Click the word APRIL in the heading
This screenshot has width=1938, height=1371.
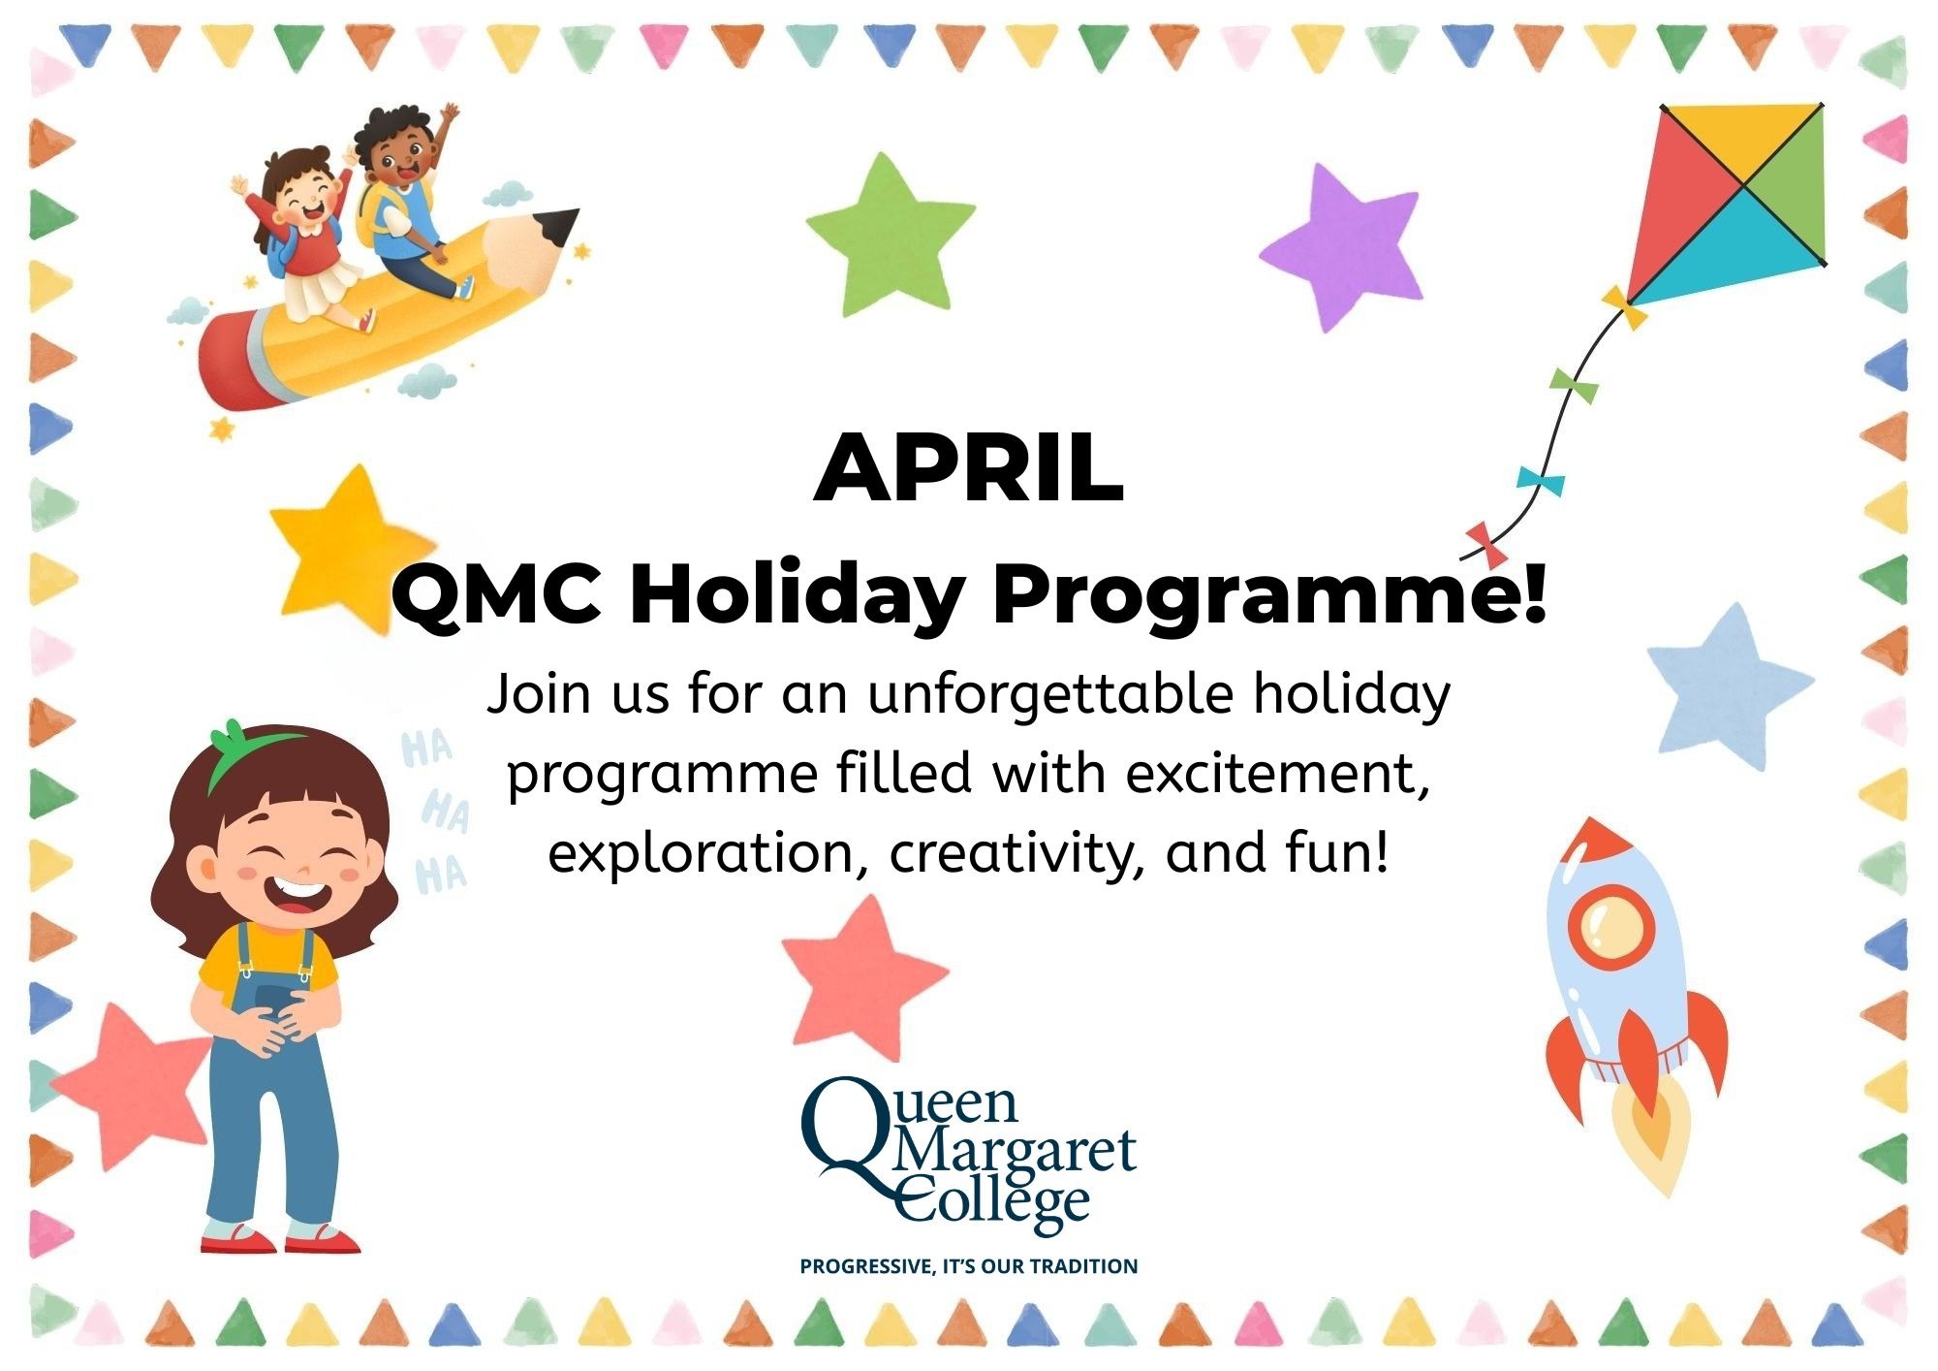click(x=968, y=469)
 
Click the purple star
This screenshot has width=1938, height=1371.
click(x=1342, y=247)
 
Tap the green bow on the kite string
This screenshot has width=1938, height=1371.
click(x=1574, y=386)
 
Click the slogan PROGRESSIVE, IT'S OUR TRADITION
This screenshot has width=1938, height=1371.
click(x=969, y=1266)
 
